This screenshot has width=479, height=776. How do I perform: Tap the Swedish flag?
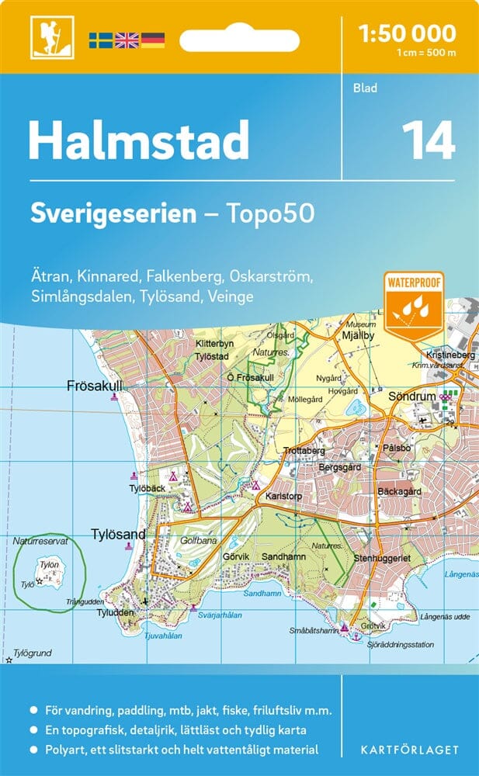(100, 40)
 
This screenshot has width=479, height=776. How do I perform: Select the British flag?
(126, 40)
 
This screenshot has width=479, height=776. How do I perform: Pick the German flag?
(152, 40)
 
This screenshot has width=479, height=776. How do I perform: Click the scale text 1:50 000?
(408, 33)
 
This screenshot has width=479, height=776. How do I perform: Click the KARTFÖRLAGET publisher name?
(411, 750)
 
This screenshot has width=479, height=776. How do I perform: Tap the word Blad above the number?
(366, 88)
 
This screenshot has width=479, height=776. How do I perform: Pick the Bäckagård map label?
(399, 491)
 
